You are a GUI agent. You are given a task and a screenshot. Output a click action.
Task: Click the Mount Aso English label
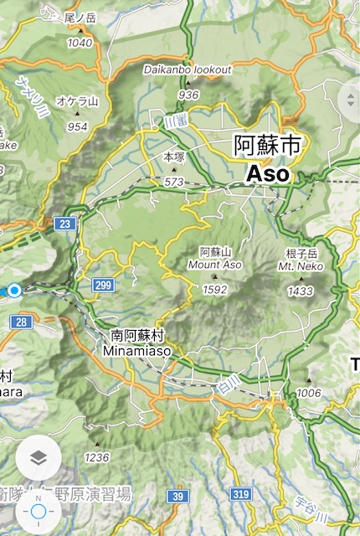(214, 264)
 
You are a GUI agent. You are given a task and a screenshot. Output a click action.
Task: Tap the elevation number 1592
(214, 289)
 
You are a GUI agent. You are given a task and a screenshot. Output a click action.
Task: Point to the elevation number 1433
(300, 291)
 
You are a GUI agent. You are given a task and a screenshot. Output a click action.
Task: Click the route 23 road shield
(64, 223)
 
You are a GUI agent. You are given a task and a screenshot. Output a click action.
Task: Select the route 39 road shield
(177, 497)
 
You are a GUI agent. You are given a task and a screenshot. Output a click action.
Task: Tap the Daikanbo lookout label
(188, 70)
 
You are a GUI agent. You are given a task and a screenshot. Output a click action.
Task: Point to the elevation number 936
(188, 95)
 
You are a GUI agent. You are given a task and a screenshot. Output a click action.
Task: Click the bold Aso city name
(267, 174)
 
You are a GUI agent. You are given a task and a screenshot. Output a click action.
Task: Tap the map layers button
(39, 459)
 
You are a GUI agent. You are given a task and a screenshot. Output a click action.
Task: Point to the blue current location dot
(14, 291)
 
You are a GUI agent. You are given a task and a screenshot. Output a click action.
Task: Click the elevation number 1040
(79, 43)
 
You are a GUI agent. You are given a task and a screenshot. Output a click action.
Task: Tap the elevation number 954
(78, 126)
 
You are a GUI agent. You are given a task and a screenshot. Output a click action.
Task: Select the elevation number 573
(173, 181)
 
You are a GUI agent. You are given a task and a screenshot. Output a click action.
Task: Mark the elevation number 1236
(97, 457)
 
